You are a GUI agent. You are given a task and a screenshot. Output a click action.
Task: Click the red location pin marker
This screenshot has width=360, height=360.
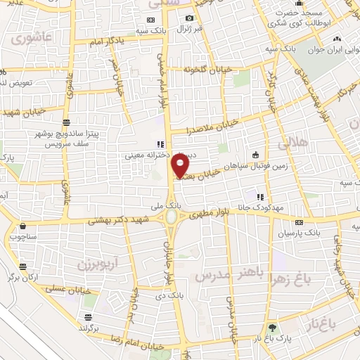coord(181,165)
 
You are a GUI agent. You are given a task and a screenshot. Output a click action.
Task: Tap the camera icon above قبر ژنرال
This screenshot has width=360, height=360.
coord(189,18)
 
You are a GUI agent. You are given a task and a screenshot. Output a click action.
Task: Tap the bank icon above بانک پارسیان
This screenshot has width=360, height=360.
coord(300,220)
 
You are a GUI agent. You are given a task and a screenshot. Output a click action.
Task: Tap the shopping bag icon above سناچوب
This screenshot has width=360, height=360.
coord(24,226)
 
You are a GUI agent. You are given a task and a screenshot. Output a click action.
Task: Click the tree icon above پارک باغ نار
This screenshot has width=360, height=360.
coord(272,328)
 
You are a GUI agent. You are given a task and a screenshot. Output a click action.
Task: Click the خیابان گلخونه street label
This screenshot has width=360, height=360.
coord(202,70)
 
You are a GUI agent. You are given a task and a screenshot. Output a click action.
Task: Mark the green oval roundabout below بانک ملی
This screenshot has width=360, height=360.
coord(172,217)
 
